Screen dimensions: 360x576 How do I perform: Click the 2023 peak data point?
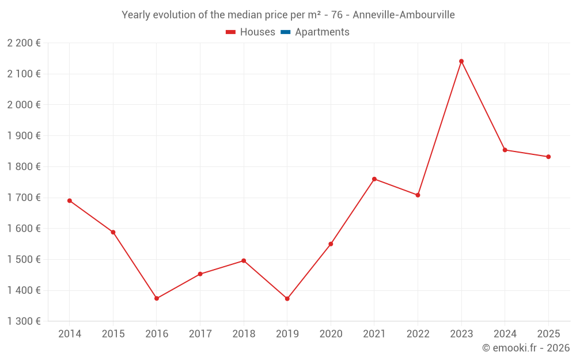pyautogui.click(x=461, y=61)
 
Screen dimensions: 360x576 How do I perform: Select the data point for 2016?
pyautogui.click(x=157, y=298)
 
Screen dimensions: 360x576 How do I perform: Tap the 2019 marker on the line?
pyautogui.click(x=287, y=298)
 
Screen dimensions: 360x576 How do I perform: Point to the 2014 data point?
pyautogui.click(x=70, y=200)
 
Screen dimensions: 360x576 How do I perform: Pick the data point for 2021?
pyautogui.click(x=374, y=179)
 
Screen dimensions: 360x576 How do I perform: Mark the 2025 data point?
pyautogui.click(x=548, y=157)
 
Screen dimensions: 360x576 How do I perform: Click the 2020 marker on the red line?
pyautogui.click(x=331, y=244)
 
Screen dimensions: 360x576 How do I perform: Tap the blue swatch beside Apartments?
pyautogui.click(x=285, y=32)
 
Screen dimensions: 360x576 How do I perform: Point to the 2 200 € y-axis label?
pyautogui.click(x=24, y=43)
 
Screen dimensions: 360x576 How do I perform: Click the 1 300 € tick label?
pyautogui.click(x=24, y=321)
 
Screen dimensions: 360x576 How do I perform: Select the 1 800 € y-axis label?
pyautogui.click(x=24, y=166)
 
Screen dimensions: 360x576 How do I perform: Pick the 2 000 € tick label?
pyautogui.click(x=24, y=105)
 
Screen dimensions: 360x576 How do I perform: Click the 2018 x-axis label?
pyautogui.click(x=244, y=334)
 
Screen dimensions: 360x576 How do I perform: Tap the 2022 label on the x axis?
pyautogui.click(x=418, y=334)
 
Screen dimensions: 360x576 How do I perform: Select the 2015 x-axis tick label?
pyautogui.click(x=113, y=334)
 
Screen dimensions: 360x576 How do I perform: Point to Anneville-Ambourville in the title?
pyautogui.click(x=403, y=15)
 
